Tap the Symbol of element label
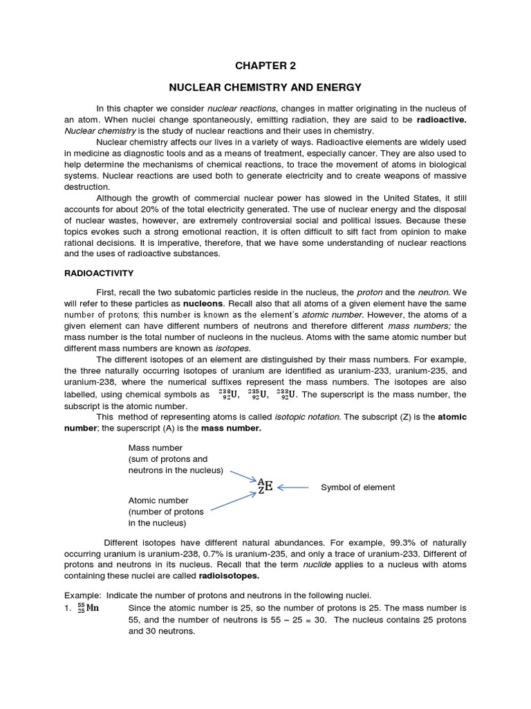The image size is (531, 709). point(357,487)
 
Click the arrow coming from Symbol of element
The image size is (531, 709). point(293,487)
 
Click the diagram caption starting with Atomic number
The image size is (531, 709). point(166,511)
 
